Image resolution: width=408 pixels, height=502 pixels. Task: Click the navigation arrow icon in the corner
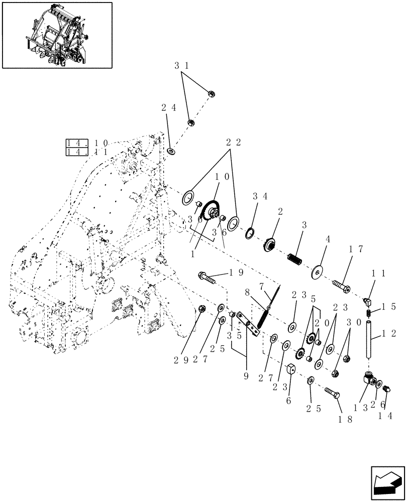click(387, 483)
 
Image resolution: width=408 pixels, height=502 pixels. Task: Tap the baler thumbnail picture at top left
click(57, 35)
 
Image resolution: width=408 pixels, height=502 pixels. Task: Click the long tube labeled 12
click(370, 340)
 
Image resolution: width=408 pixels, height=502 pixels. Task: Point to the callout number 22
click(232, 143)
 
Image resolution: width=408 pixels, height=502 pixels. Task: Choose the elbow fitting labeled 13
click(369, 380)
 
